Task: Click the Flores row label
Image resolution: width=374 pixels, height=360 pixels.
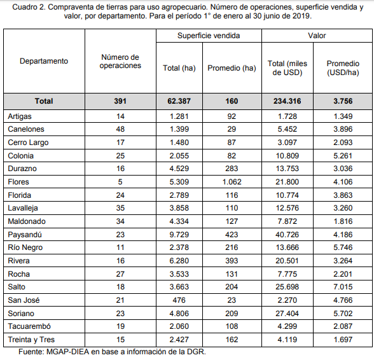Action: point(18,182)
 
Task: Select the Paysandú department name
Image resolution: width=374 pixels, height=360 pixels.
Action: point(25,235)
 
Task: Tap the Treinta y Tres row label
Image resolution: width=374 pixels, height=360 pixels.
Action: point(31,340)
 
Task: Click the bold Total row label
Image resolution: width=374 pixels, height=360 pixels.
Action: point(44,101)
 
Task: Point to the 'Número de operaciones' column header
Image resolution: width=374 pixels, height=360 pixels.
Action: point(120,61)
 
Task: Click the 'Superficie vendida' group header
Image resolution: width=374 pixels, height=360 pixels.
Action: point(209,36)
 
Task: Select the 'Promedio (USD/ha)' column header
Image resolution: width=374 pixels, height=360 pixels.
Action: point(343,68)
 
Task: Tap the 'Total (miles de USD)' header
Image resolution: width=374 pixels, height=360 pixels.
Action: point(287,68)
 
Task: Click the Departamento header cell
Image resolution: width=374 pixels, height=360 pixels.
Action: point(44,61)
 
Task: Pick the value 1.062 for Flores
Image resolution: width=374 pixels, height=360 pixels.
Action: point(232,182)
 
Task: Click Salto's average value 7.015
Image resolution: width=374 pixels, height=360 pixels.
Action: point(343,287)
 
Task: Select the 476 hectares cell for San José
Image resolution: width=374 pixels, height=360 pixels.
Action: point(179,300)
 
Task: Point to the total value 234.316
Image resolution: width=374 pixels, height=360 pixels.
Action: point(287,101)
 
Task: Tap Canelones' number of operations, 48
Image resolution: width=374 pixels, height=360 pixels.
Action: point(120,129)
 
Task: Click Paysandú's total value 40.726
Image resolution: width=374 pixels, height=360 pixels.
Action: point(287,235)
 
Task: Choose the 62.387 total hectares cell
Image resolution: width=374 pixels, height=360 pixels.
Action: point(179,101)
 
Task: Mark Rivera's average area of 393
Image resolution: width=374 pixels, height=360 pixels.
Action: point(232,261)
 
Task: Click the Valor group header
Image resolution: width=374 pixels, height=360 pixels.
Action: point(317,36)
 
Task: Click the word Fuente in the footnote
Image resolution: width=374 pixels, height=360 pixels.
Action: point(31,352)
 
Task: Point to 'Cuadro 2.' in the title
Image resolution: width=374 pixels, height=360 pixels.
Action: point(29,7)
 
